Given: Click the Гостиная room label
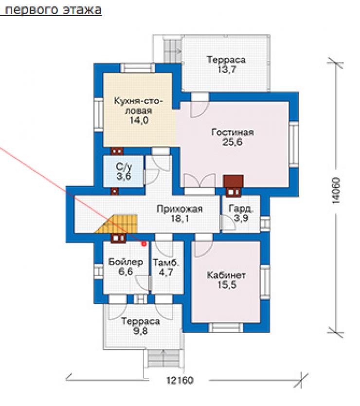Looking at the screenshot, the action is [x=232, y=132].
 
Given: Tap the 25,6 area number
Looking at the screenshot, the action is [x=232, y=142].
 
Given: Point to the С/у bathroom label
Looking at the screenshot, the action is [x=124, y=167].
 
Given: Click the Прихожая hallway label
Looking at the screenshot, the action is [x=180, y=209].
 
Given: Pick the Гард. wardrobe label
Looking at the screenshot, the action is [x=240, y=209].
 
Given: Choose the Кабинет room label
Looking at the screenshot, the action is [x=226, y=275].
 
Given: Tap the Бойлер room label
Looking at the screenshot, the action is [x=126, y=262].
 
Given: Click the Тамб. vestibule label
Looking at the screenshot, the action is [x=166, y=263].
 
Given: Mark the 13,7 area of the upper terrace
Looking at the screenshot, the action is [x=226, y=70].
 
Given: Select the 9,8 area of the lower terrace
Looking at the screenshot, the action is [x=140, y=331].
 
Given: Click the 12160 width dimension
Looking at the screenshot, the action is [x=180, y=380].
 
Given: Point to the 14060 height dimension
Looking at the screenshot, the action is [x=335, y=190].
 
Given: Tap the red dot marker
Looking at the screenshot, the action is [x=144, y=244].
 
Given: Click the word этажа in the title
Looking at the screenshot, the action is [x=82, y=10].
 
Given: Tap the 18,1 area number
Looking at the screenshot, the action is [x=180, y=219].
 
